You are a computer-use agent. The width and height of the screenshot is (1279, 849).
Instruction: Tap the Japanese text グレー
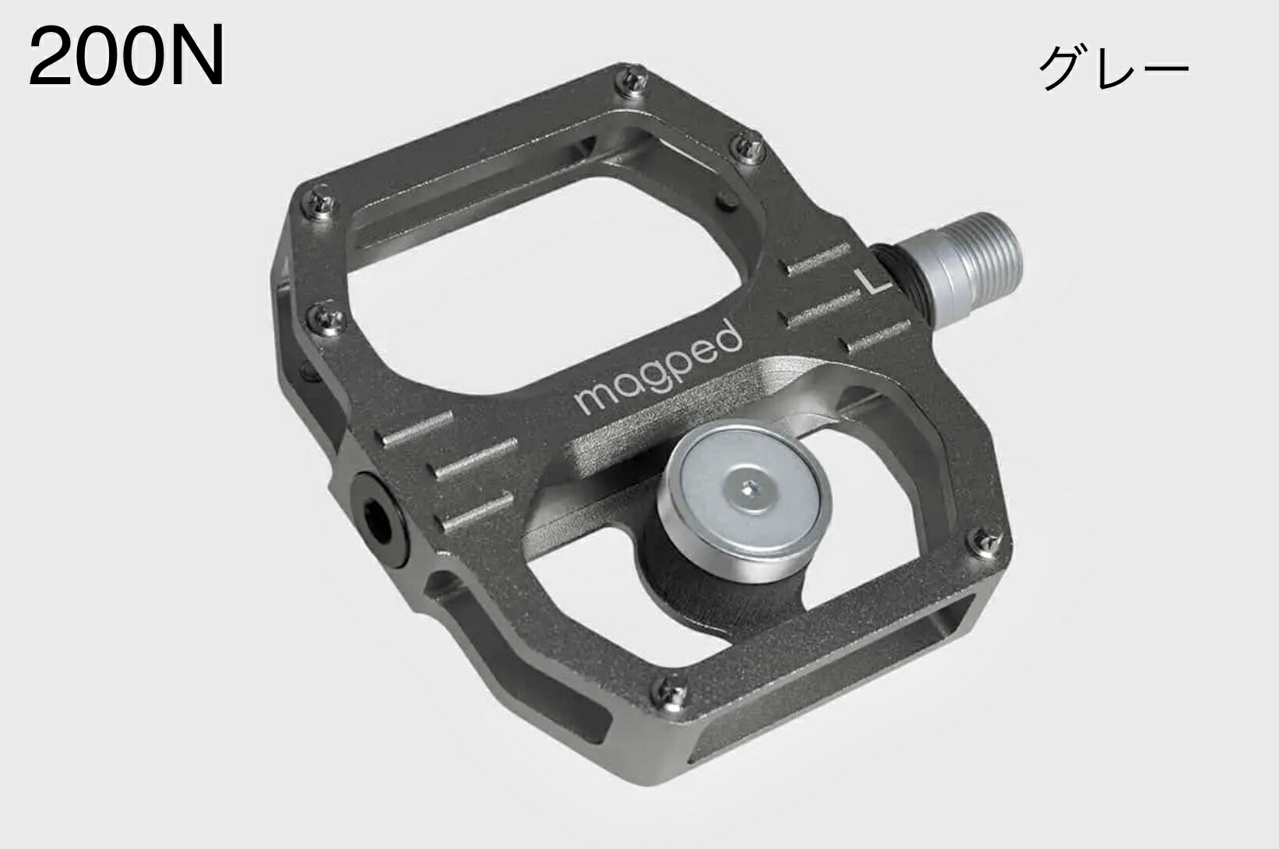click(x=1113, y=69)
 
